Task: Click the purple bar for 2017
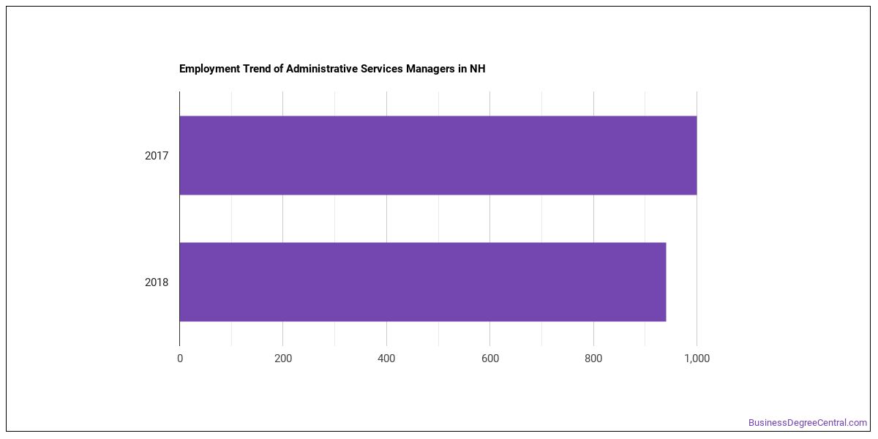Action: coord(438,155)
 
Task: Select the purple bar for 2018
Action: coord(423,282)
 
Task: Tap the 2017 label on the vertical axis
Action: coord(157,156)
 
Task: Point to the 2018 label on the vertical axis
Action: coord(157,282)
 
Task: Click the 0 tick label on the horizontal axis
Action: coord(180,359)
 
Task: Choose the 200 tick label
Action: coord(283,359)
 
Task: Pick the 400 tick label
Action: coord(386,359)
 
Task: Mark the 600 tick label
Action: coord(490,359)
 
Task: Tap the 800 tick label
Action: coord(593,359)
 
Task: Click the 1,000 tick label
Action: coord(697,359)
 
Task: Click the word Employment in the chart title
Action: coord(210,69)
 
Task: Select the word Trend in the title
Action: coord(257,69)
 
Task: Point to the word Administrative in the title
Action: coord(322,69)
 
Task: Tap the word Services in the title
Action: coord(382,69)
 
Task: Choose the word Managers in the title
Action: coord(430,69)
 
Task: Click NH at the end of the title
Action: coord(477,69)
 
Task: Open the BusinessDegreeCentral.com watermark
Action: coord(808,423)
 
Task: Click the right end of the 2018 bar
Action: coord(666,282)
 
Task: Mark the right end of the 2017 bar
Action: coord(697,155)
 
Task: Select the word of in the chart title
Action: coord(278,69)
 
